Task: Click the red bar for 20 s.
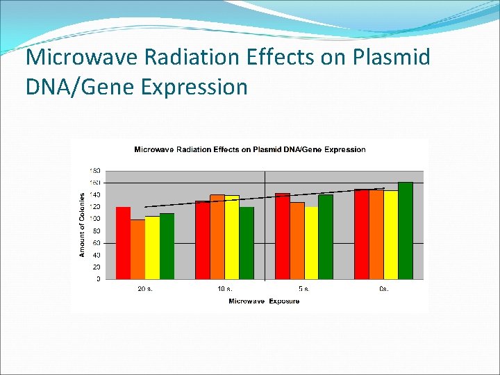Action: point(123,243)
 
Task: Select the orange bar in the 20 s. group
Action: point(137,249)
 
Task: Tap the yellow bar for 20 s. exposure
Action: point(152,247)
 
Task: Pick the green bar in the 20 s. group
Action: point(167,246)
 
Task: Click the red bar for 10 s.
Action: point(202,240)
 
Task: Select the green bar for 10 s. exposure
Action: point(247,243)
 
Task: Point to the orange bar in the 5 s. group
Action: point(297,241)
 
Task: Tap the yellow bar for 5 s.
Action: point(311,243)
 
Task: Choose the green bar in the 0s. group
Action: point(406,231)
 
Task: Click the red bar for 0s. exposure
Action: point(361,234)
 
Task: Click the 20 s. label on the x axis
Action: point(144,289)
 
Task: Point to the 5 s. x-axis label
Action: point(304,289)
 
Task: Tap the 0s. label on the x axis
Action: point(383,289)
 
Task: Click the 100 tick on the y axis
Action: point(95,219)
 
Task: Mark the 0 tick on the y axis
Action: point(98,279)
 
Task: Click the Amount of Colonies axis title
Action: point(81,225)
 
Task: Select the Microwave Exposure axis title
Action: point(264,301)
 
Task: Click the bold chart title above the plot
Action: point(249,149)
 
